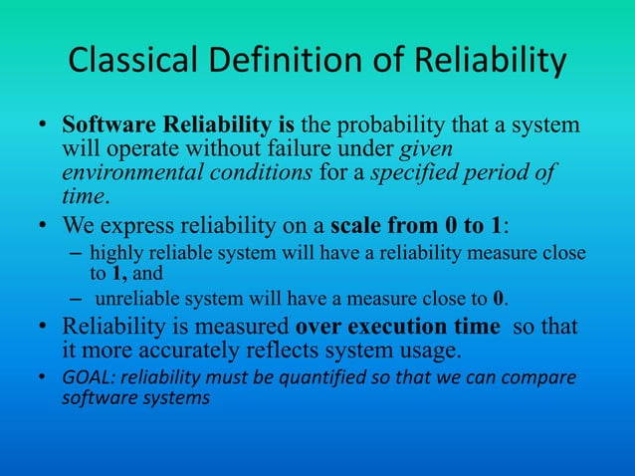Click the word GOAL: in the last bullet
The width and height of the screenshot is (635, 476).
[x=89, y=378]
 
